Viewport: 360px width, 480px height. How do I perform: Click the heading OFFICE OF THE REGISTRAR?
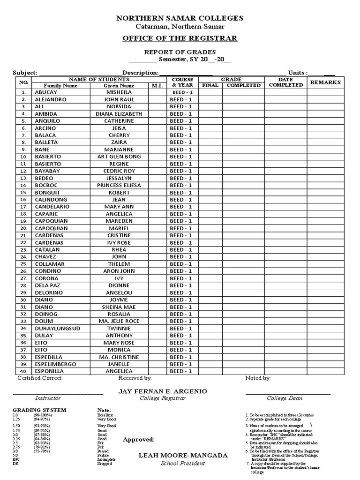(x=180, y=38)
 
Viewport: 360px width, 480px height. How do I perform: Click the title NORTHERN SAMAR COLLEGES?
(x=180, y=18)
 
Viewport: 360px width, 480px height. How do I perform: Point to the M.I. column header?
(x=156, y=86)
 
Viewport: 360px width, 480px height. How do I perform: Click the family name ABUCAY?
(x=45, y=93)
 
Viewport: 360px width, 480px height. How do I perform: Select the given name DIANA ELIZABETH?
(x=119, y=114)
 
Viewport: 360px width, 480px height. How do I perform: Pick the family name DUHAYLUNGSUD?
(x=58, y=329)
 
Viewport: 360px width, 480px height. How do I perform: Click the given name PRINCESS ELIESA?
(x=119, y=186)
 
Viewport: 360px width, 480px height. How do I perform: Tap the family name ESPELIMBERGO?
(x=55, y=364)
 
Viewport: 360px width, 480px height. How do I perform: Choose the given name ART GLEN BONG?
(x=119, y=157)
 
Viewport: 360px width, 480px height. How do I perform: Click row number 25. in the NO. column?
(x=23, y=264)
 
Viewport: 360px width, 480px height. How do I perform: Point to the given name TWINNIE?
(x=119, y=329)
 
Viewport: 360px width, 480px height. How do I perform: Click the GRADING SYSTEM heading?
(x=39, y=410)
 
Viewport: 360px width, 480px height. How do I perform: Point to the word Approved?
(x=139, y=440)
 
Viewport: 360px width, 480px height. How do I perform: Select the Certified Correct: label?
(x=40, y=378)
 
